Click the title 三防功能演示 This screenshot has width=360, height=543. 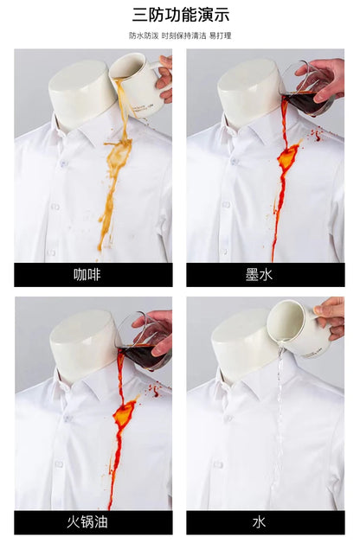click(x=180, y=15)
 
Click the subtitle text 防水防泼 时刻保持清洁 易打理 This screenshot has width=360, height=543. click(x=180, y=35)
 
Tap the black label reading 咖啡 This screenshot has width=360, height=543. click(x=93, y=275)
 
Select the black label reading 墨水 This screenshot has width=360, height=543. click(x=266, y=275)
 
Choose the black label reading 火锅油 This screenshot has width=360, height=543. click(x=93, y=522)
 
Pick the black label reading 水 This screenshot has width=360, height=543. click(x=266, y=522)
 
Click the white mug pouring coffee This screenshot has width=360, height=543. click(x=136, y=84)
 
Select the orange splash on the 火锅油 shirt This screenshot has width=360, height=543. click(x=124, y=410)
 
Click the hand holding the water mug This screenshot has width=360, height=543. click(x=331, y=316)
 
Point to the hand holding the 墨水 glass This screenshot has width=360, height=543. click(x=325, y=76)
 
